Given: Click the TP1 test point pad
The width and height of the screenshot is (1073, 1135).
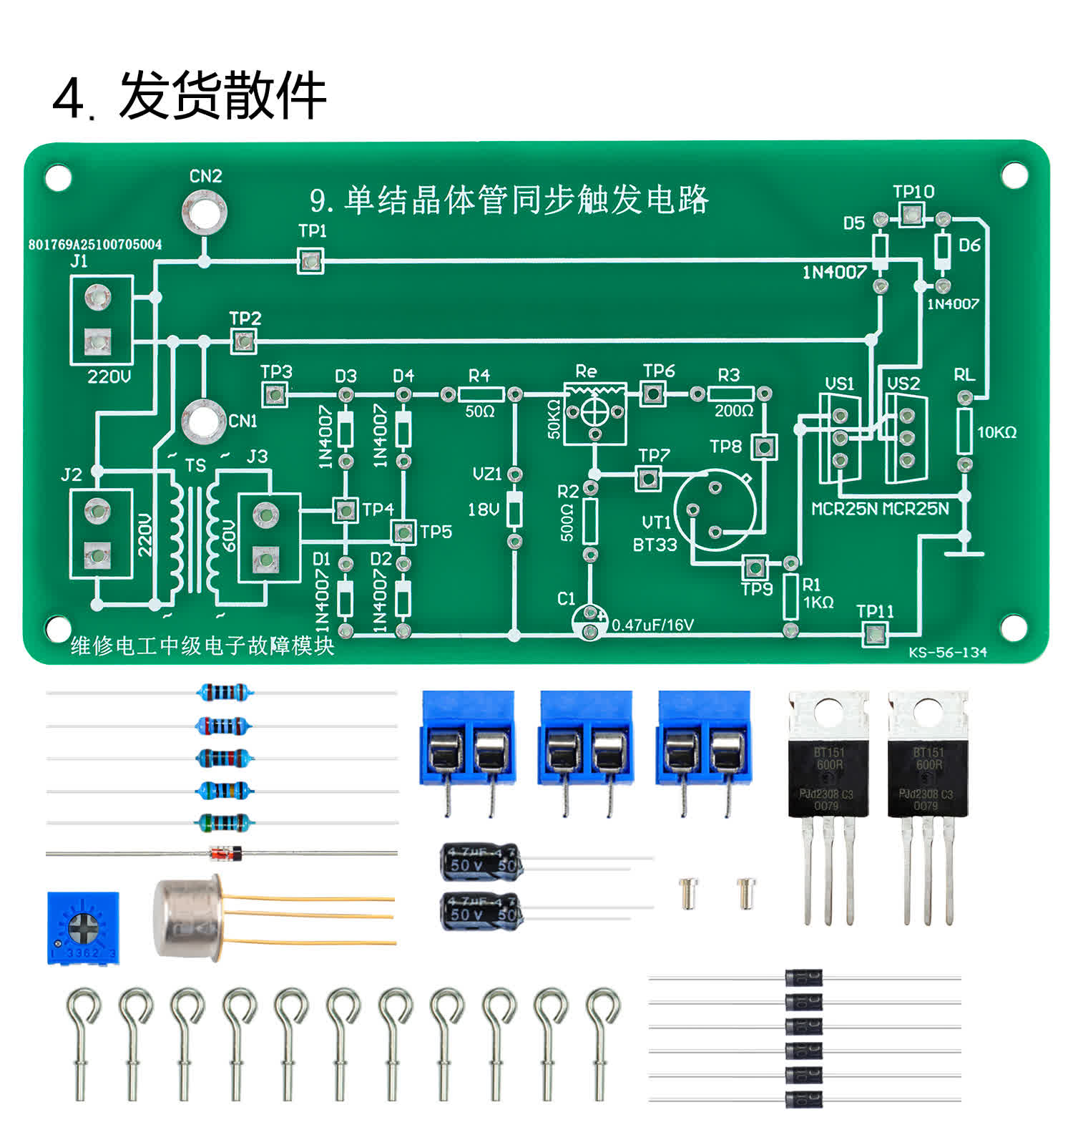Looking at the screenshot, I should point(310,260).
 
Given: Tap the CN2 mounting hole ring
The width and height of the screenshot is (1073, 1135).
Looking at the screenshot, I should point(205,210).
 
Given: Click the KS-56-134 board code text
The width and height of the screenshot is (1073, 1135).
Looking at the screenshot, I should point(948,653).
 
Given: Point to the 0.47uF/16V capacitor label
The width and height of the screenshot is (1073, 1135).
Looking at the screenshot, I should point(652,625).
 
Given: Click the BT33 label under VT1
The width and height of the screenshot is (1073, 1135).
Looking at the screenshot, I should point(655,545).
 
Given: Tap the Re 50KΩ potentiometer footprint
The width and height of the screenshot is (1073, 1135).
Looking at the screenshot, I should point(594,413).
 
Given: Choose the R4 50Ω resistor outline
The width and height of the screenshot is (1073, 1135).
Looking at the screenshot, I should point(480,394).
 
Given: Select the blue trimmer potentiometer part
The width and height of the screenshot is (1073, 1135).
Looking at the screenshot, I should point(83,928).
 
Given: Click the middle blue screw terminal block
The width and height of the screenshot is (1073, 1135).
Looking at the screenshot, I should point(587,737).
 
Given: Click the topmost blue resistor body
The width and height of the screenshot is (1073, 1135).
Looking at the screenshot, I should point(224,692).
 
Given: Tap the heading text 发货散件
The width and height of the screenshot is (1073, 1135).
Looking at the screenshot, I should point(222,96).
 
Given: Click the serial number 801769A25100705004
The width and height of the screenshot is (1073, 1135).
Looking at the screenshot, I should point(95,245).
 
